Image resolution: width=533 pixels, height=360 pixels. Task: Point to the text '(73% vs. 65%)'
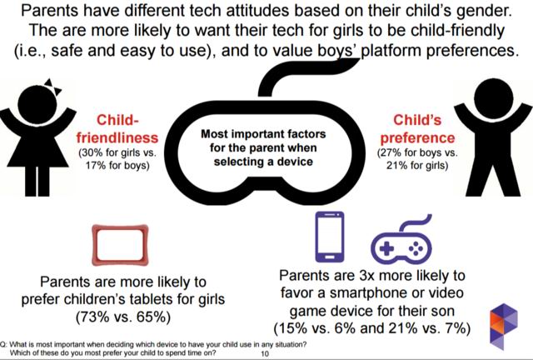pyautogui.click(x=124, y=317)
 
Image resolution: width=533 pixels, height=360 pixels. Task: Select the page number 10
pyautogui.click(x=264, y=354)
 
